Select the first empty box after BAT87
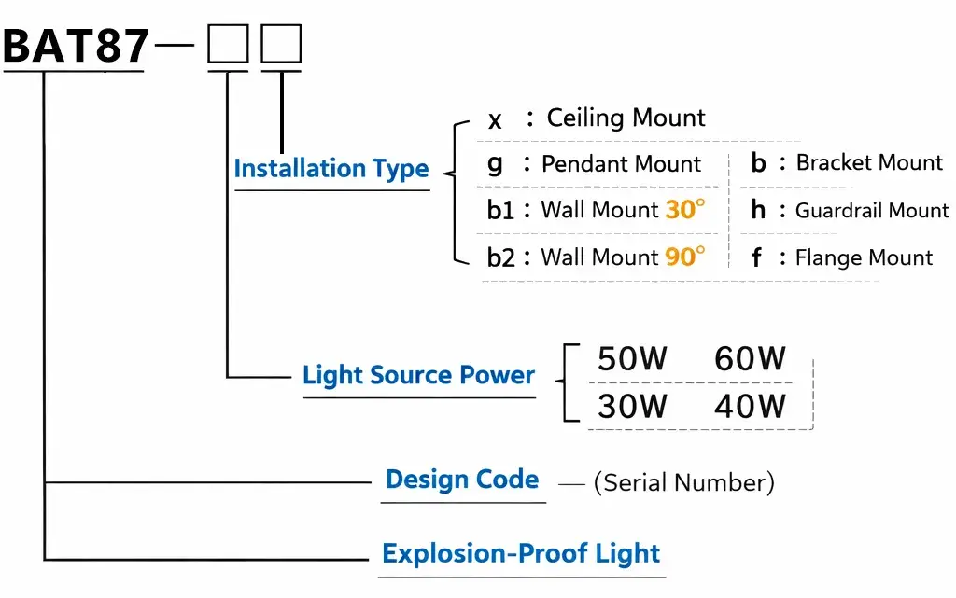(x=228, y=45)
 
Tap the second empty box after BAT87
(x=281, y=45)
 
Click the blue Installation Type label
(x=330, y=169)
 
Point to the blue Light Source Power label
(x=418, y=376)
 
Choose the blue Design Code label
(x=462, y=480)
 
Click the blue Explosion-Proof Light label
(x=521, y=553)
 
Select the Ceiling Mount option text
(x=626, y=118)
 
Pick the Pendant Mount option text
(x=621, y=164)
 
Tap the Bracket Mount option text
(x=869, y=163)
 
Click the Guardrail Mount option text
(x=871, y=211)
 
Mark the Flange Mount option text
(x=864, y=257)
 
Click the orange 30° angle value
(x=684, y=210)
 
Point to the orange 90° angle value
(x=684, y=257)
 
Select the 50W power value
(x=632, y=359)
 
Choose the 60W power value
(x=750, y=359)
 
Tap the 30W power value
(x=632, y=406)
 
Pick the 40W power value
(x=750, y=406)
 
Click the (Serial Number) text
(x=683, y=482)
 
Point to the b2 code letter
(x=501, y=257)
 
